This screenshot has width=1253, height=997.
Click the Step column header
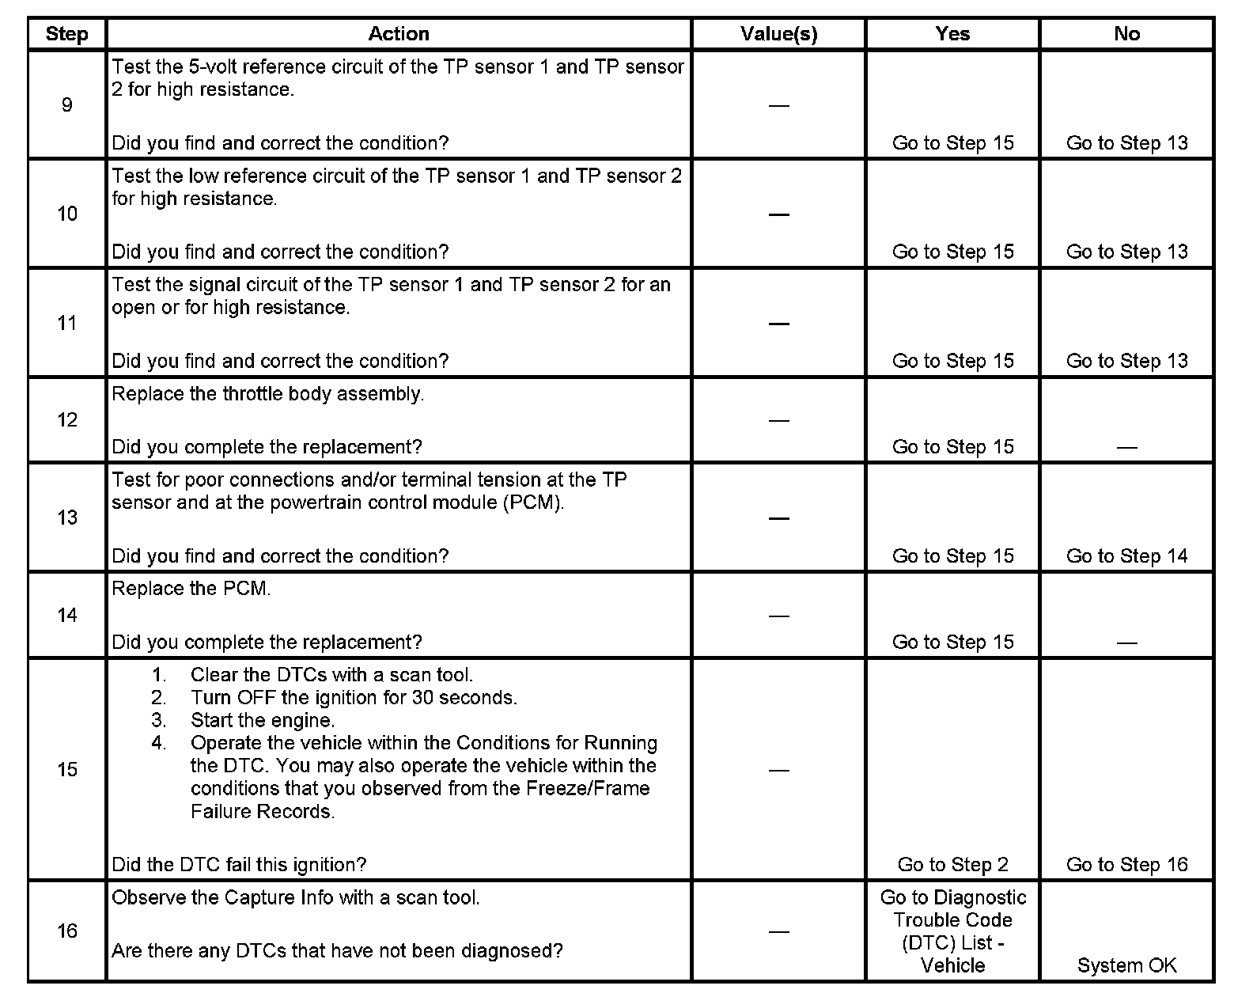(x=66, y=34)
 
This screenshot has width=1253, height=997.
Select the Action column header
(x=399, y=34)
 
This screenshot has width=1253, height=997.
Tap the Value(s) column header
(x=778, y=34)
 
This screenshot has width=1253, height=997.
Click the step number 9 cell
(x=66, y=105)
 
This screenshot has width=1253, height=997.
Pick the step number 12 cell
(x=66, y=420)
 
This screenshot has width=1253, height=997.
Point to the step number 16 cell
(x=66, y=931)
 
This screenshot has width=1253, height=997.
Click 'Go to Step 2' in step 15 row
(x=952, y=865)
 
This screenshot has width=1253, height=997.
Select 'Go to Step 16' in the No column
(x=1126, y=865)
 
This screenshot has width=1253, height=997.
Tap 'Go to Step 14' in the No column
(x=1126, y=556)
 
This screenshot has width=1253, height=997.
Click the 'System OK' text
(x=1126, y=966)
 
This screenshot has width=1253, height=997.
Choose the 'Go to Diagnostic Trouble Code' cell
(x=952, y=931)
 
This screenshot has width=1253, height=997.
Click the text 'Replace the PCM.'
(x=191, y=589)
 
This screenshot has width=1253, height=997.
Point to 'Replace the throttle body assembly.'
(x=268, y=394)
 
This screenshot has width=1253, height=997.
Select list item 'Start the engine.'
(x=263, y=721)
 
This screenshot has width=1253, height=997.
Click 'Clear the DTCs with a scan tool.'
(x=331, y=676)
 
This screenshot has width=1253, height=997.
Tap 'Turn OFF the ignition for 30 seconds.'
(x=354, y=698)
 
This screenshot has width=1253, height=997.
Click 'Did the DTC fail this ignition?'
(x=239, y=865)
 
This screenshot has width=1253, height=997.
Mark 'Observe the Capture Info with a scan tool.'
(x=296, y=898)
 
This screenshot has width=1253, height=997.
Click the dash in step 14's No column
(x=1126, y=643)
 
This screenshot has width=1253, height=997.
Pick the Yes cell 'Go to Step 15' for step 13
(x=952, y=556)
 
